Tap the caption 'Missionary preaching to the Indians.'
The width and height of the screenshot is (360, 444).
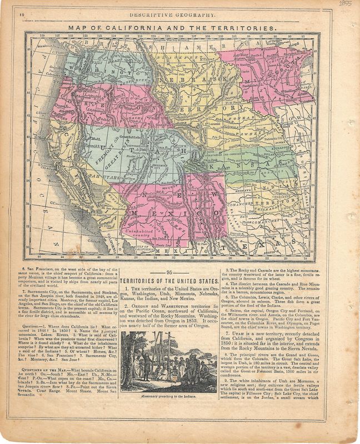click(169, 398)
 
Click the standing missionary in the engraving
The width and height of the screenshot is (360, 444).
click(146, 360)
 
